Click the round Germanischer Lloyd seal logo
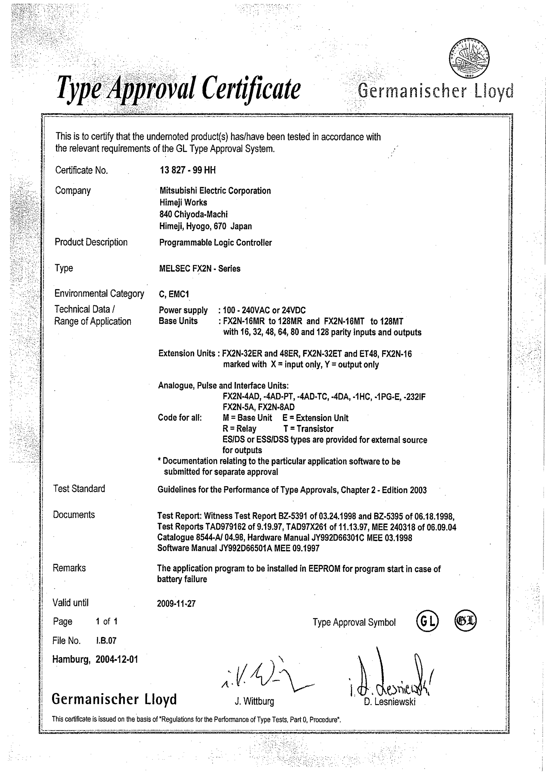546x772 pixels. [x=469, y=58]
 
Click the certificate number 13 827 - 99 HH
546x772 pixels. [x=188, y=170]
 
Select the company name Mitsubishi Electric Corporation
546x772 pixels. [x=215, y=191]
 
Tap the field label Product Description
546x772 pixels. [x=91, y=242]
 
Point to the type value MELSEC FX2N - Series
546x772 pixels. [x=200, y=269]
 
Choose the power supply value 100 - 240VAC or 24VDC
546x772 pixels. [x=264, y=310]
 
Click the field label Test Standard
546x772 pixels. [x=79, y=489]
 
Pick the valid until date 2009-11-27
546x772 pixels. [x=176, y=604]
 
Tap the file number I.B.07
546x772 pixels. [x=106, y=640]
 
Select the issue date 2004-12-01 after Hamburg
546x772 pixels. [x=117, y=659]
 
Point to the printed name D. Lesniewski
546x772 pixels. [x=390, y=702]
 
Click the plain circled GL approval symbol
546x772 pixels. [x=427, y=622]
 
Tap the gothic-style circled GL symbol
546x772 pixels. [x=466, y=621]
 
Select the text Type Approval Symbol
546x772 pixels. [x=354, y=622]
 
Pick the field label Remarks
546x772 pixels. [x=69, y=568]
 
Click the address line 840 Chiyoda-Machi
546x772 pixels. [x=193, y=214]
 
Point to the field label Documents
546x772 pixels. [x=74, y=515]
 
